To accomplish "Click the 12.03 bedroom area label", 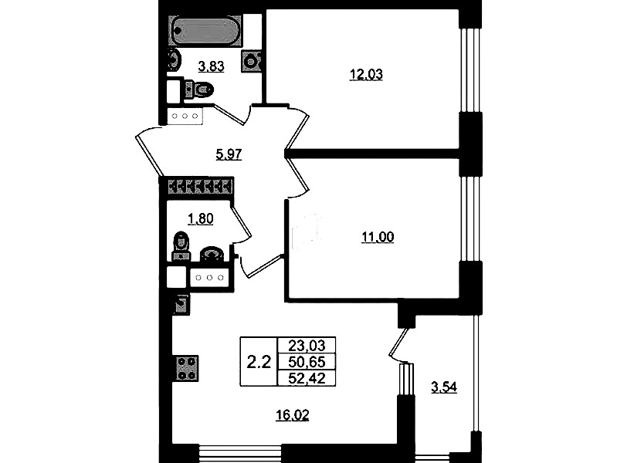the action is (x=366, y=74).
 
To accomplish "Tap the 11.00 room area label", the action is (x=378, y=237).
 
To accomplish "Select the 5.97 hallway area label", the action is (x=229, y=154).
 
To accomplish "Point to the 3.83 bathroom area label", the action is (x=212, y=66).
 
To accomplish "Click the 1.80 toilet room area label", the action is (x=201, y=218).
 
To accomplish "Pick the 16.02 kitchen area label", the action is (x=293, y=415).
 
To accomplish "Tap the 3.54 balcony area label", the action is (x=444, y=387).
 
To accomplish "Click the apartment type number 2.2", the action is (x=259, y=362).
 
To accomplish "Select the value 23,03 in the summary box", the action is (x=307, y=346).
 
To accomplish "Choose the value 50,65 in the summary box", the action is (x=307, y=361).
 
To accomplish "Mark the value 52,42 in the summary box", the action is (x=307, y=378).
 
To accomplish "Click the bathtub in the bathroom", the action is (x=205, y=32).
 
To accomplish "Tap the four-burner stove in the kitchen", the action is (x=187, y=369).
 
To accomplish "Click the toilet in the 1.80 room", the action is (x=180, y=246).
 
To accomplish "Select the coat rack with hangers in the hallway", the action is (x=200, y=187).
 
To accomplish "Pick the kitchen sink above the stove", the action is (x=181, y=306).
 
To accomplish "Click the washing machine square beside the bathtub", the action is (x=252, y=61).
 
